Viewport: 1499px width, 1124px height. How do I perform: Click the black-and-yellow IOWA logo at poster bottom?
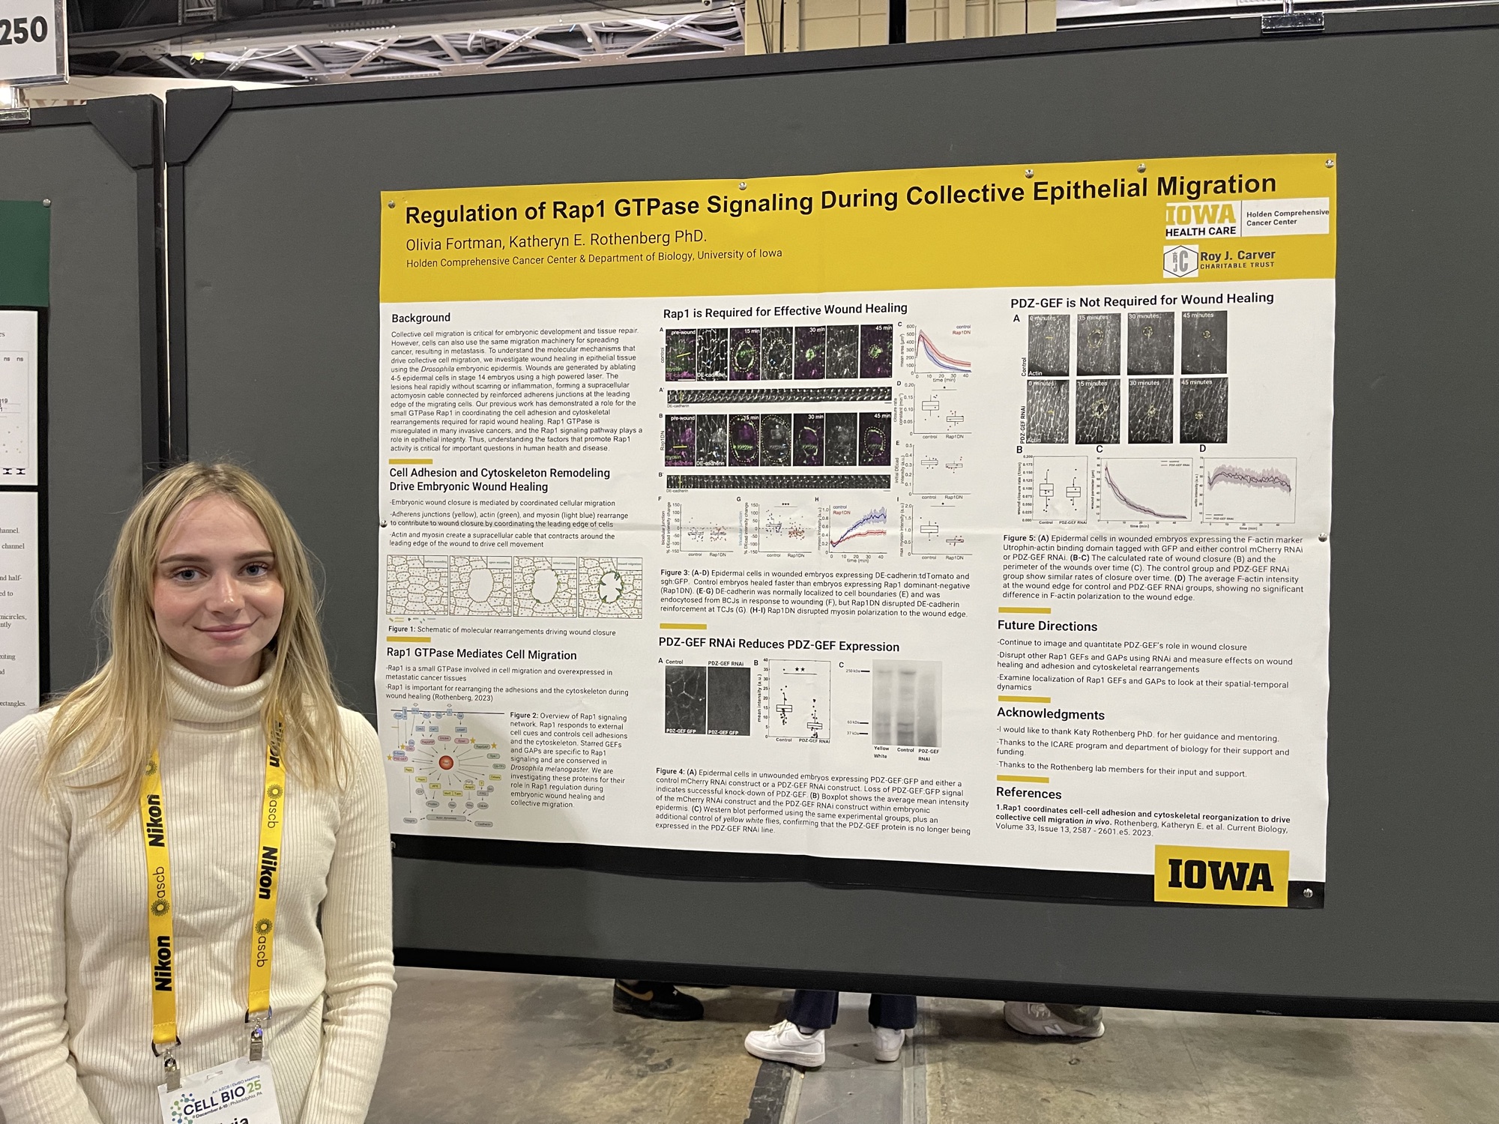pyautogui.click(x=1220, y=875)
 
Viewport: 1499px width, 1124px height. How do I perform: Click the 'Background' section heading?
pyautogui.click(x=420, y=318)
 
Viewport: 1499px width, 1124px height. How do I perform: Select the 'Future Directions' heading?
pyautogui.click(x=1047, y=626)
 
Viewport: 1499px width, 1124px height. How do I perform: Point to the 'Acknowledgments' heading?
pyautogui.click(x=1050, y=714)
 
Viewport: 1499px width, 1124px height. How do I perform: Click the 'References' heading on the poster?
pyautogui.click(x=1028, y=793)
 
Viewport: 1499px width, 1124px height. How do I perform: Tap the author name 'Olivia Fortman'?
pyautogui.click(x=454, y=244)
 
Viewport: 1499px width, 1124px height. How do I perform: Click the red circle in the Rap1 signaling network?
pyautogui.click(x=445, y=763)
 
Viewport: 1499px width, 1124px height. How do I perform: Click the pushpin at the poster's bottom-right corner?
pyautogui.click(x=1309, y=892)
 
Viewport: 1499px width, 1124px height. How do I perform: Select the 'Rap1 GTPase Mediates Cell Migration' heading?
pyautogui.click(x=481, y=654)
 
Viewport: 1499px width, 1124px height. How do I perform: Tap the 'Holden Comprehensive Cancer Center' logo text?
pyautogui.click(x=1285, y=217)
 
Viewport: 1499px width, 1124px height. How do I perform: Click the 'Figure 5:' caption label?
pyautogui.click(x=1019, y=538)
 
